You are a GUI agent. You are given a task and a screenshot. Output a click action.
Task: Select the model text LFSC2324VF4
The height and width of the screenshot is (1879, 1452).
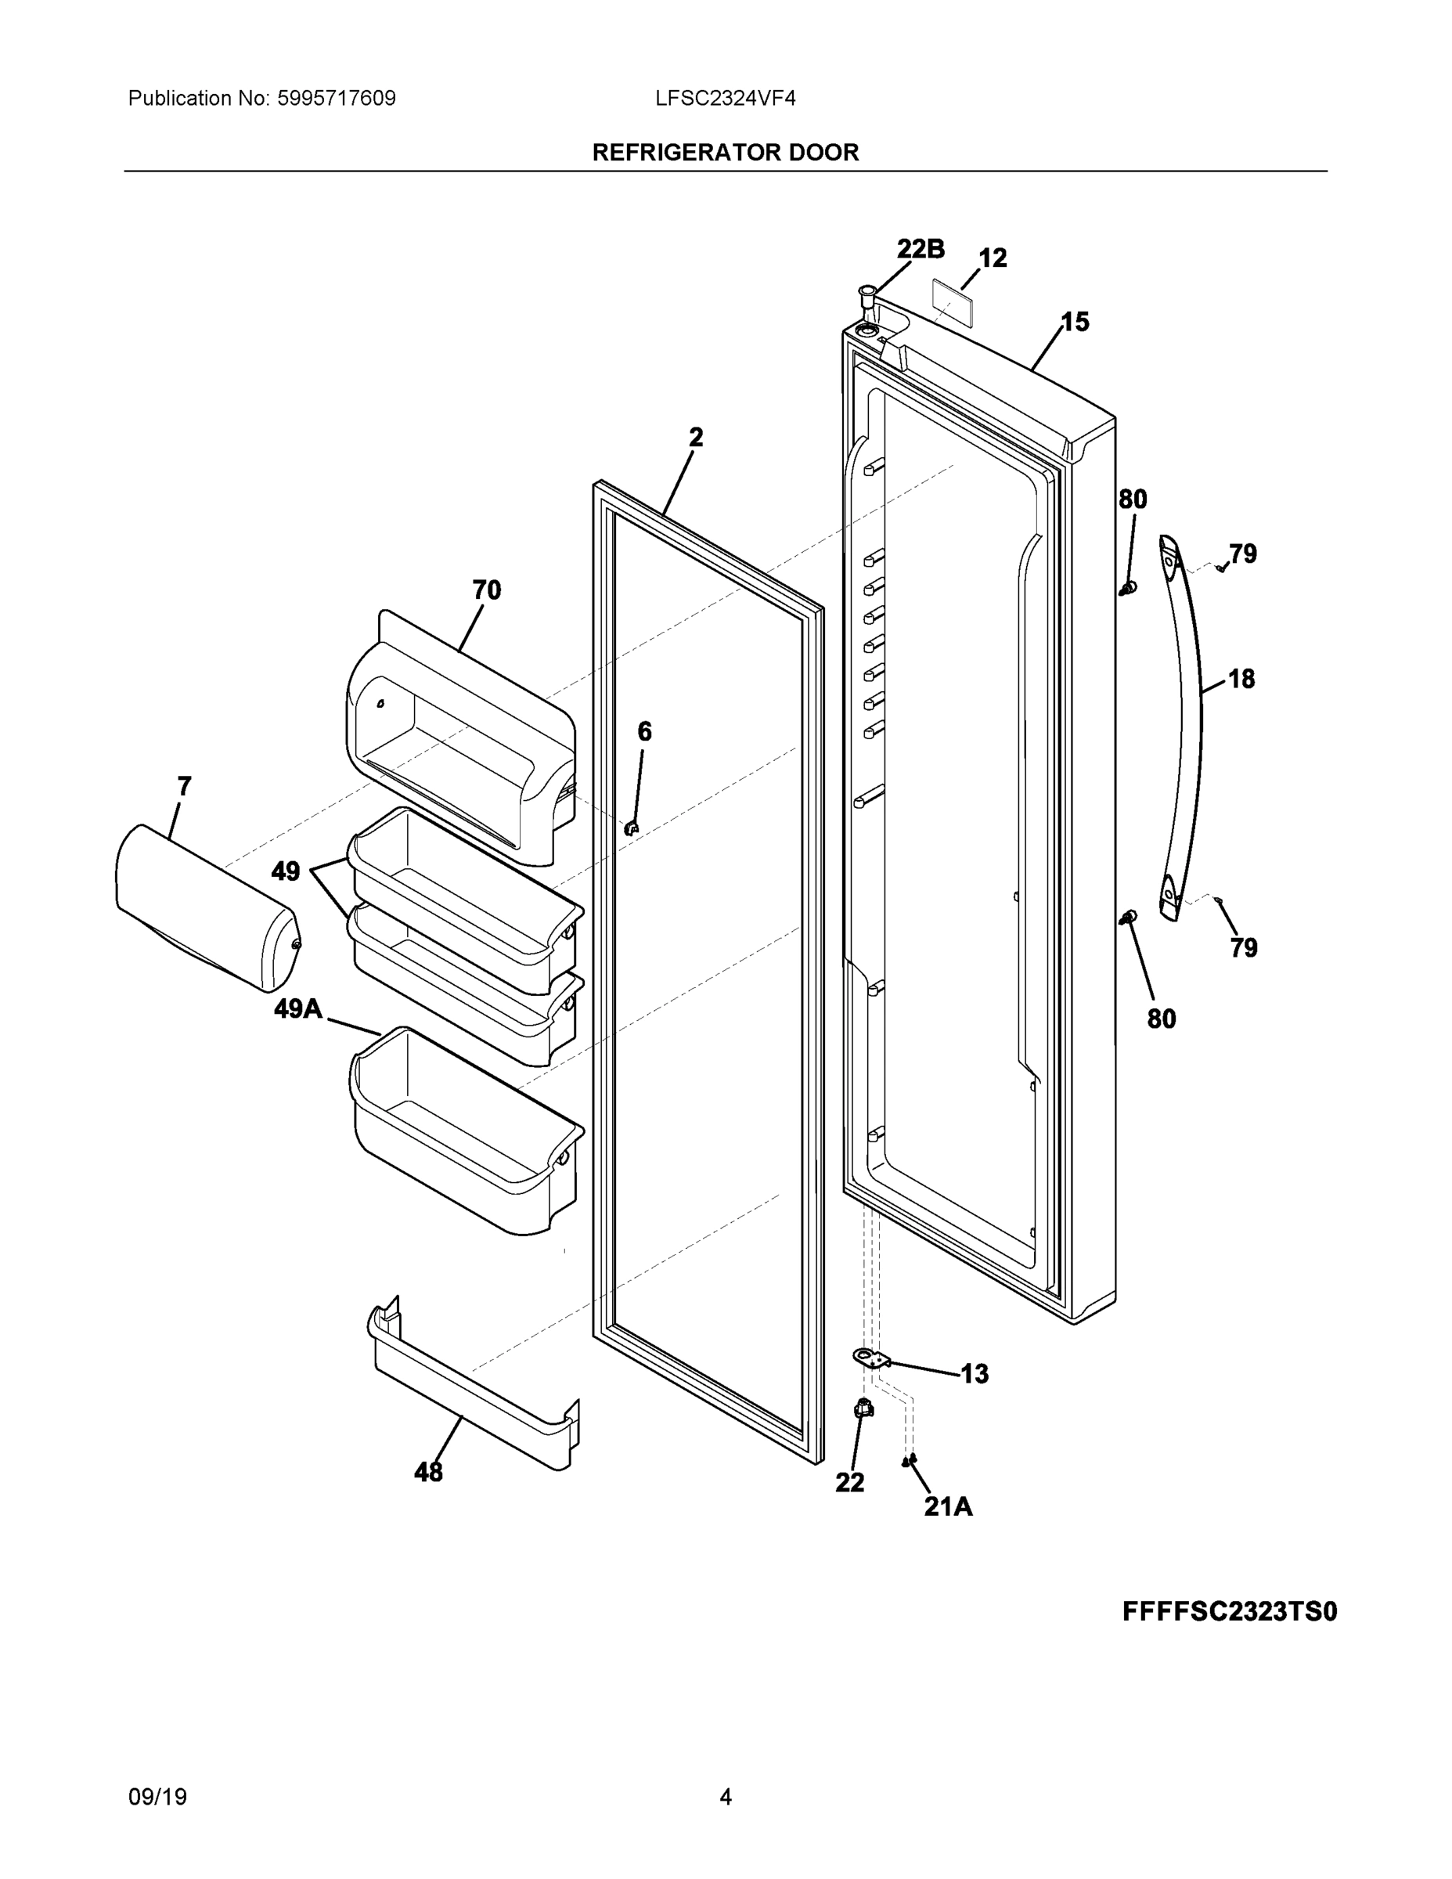click(x=724, y=99)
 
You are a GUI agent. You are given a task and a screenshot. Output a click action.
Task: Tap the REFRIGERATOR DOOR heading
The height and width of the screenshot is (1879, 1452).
click(x=725, y=153)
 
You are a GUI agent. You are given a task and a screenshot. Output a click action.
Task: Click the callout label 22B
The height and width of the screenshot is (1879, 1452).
click(x=920, y=250)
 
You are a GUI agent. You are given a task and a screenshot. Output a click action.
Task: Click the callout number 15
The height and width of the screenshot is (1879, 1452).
click(x=1075, y=323)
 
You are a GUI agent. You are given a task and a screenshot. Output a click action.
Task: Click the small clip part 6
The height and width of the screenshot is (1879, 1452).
click(x=632, y=827)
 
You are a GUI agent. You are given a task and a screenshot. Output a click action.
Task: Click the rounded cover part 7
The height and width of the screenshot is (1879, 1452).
click(x=207, y=907)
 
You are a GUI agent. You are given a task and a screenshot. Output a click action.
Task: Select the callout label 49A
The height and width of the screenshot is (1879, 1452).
click(x=297, y=1008)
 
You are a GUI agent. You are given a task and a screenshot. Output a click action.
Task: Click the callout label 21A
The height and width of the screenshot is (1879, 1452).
click(x=948, y=1506)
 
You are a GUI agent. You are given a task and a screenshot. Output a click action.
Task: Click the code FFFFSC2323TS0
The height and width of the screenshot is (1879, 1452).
click(x=1229, y=1611)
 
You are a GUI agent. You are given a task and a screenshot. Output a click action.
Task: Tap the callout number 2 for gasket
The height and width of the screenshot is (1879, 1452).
click(x=696, y=438)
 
